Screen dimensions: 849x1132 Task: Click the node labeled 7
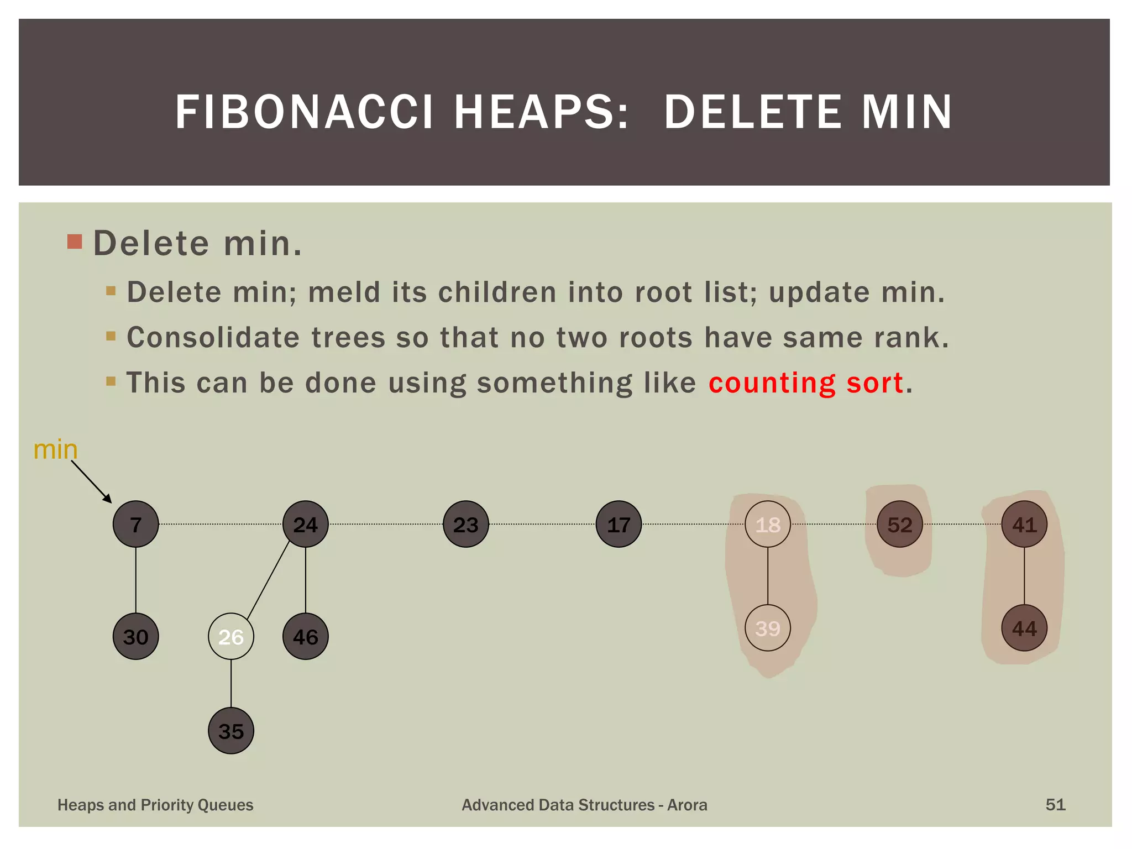[135, 524]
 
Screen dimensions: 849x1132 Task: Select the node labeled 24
[305, 524]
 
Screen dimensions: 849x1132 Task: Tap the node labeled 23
[465, 524]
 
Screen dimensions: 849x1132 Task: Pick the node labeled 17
[619, 524]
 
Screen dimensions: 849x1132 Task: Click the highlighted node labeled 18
[767, 524]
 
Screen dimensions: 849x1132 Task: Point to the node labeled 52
[899, 524]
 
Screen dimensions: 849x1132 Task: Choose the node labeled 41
[1024, 524]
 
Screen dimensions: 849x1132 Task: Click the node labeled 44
[1024, 628]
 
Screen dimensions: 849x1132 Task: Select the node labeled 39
[767, 628]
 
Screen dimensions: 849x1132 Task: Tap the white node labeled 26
[230, 637]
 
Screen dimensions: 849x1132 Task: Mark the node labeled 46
[305, 637]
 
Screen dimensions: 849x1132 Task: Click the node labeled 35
[230, 731]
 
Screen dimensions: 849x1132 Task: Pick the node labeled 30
[135, 637]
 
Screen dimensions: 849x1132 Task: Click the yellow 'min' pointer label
[55, 450]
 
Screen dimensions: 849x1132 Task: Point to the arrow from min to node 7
[91, 481]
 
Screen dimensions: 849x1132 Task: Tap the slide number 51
[1055, 804]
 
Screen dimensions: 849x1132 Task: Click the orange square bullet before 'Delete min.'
[75, 242]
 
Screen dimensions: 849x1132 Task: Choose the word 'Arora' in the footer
[687, 805]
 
